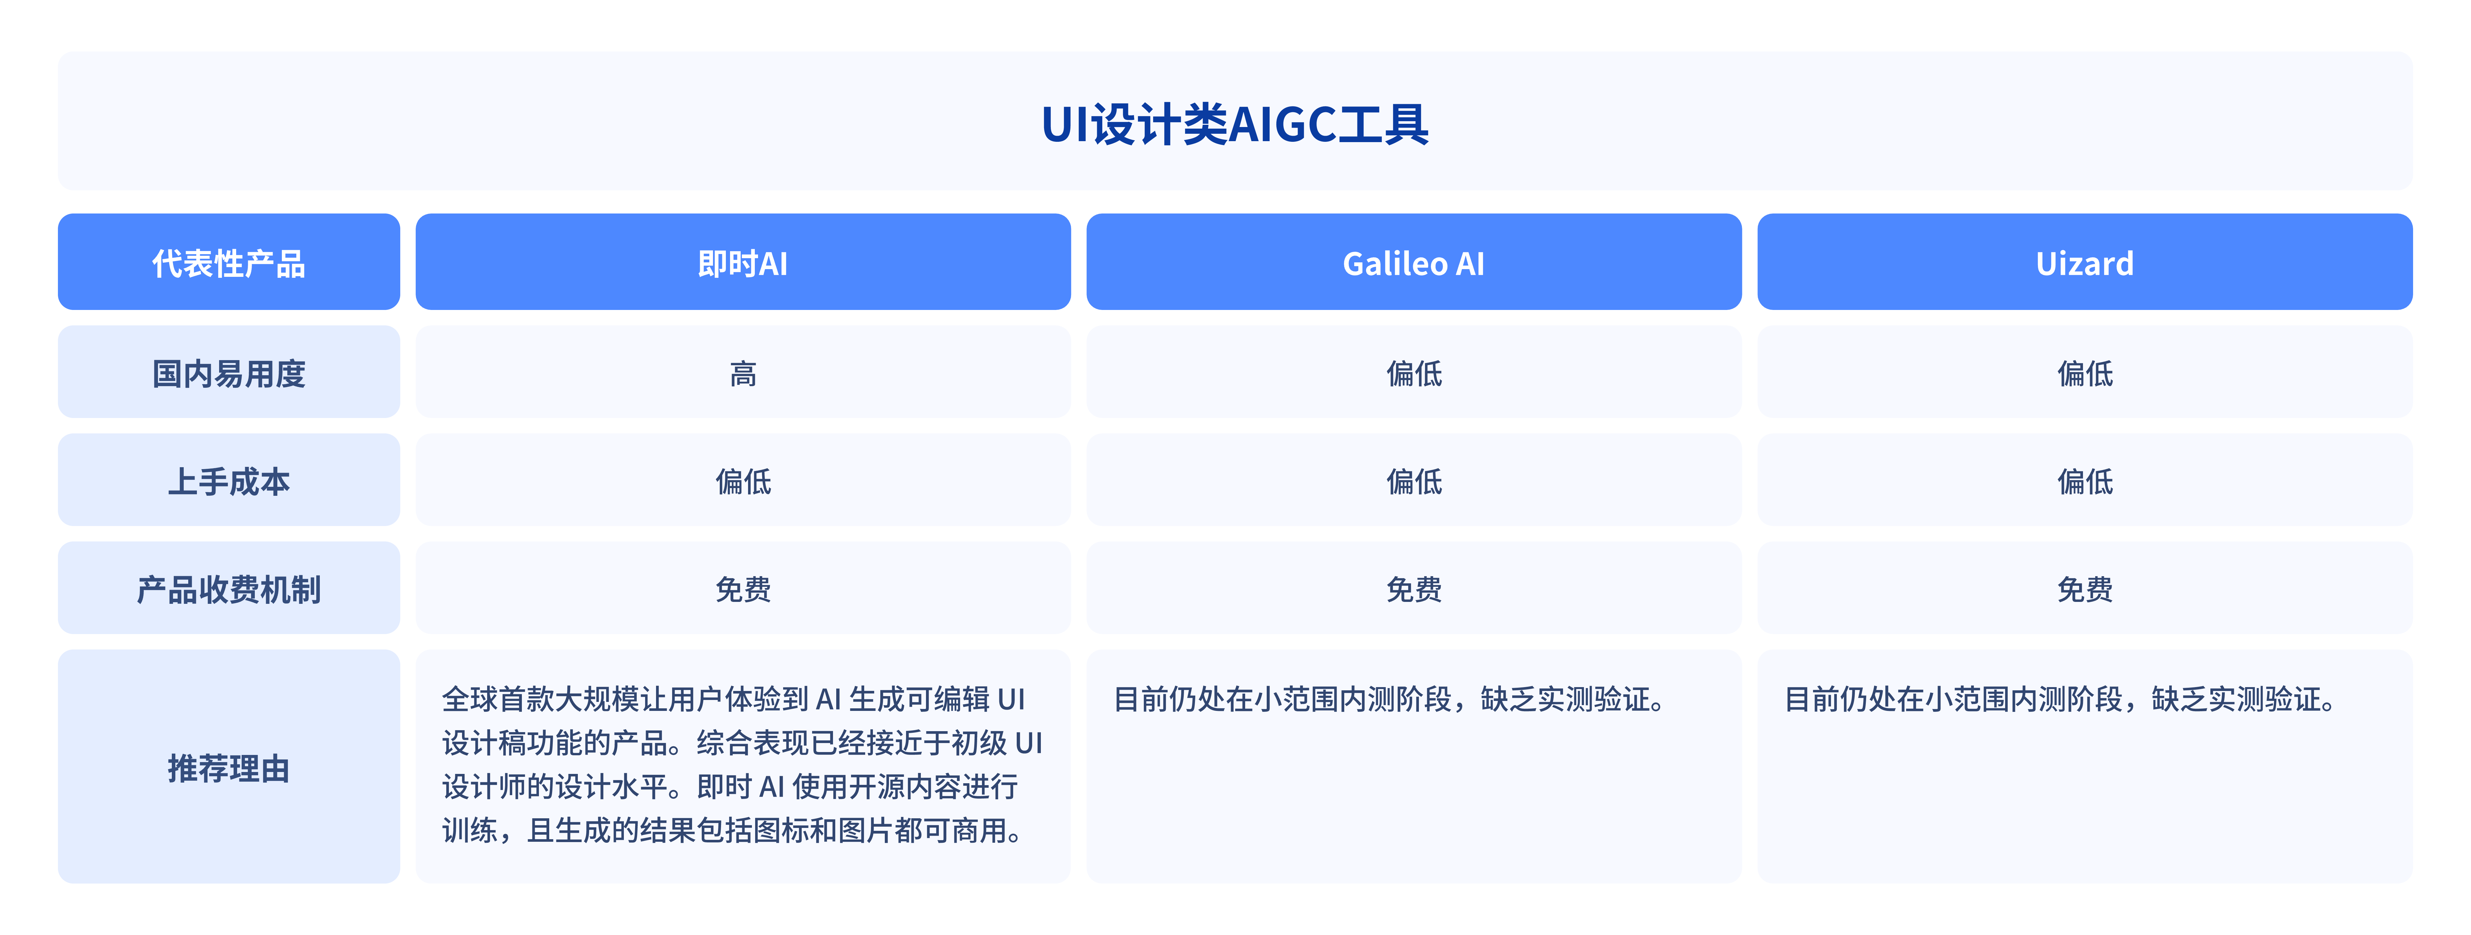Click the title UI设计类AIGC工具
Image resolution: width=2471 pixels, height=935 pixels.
1235,125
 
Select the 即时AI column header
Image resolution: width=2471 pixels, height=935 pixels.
743,263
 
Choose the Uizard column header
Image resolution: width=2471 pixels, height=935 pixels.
2085,263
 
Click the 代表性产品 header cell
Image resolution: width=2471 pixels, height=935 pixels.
228,263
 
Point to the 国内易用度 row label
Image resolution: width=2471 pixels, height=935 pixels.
228,373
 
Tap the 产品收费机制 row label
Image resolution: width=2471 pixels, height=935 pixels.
228,589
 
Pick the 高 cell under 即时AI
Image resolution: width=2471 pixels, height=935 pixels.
743,373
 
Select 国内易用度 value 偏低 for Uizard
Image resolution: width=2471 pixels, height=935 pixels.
2085,373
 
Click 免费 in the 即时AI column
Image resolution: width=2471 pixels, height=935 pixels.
743,589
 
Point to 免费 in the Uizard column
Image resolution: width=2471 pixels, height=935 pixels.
2085,589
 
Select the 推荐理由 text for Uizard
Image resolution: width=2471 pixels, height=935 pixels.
2060,699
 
